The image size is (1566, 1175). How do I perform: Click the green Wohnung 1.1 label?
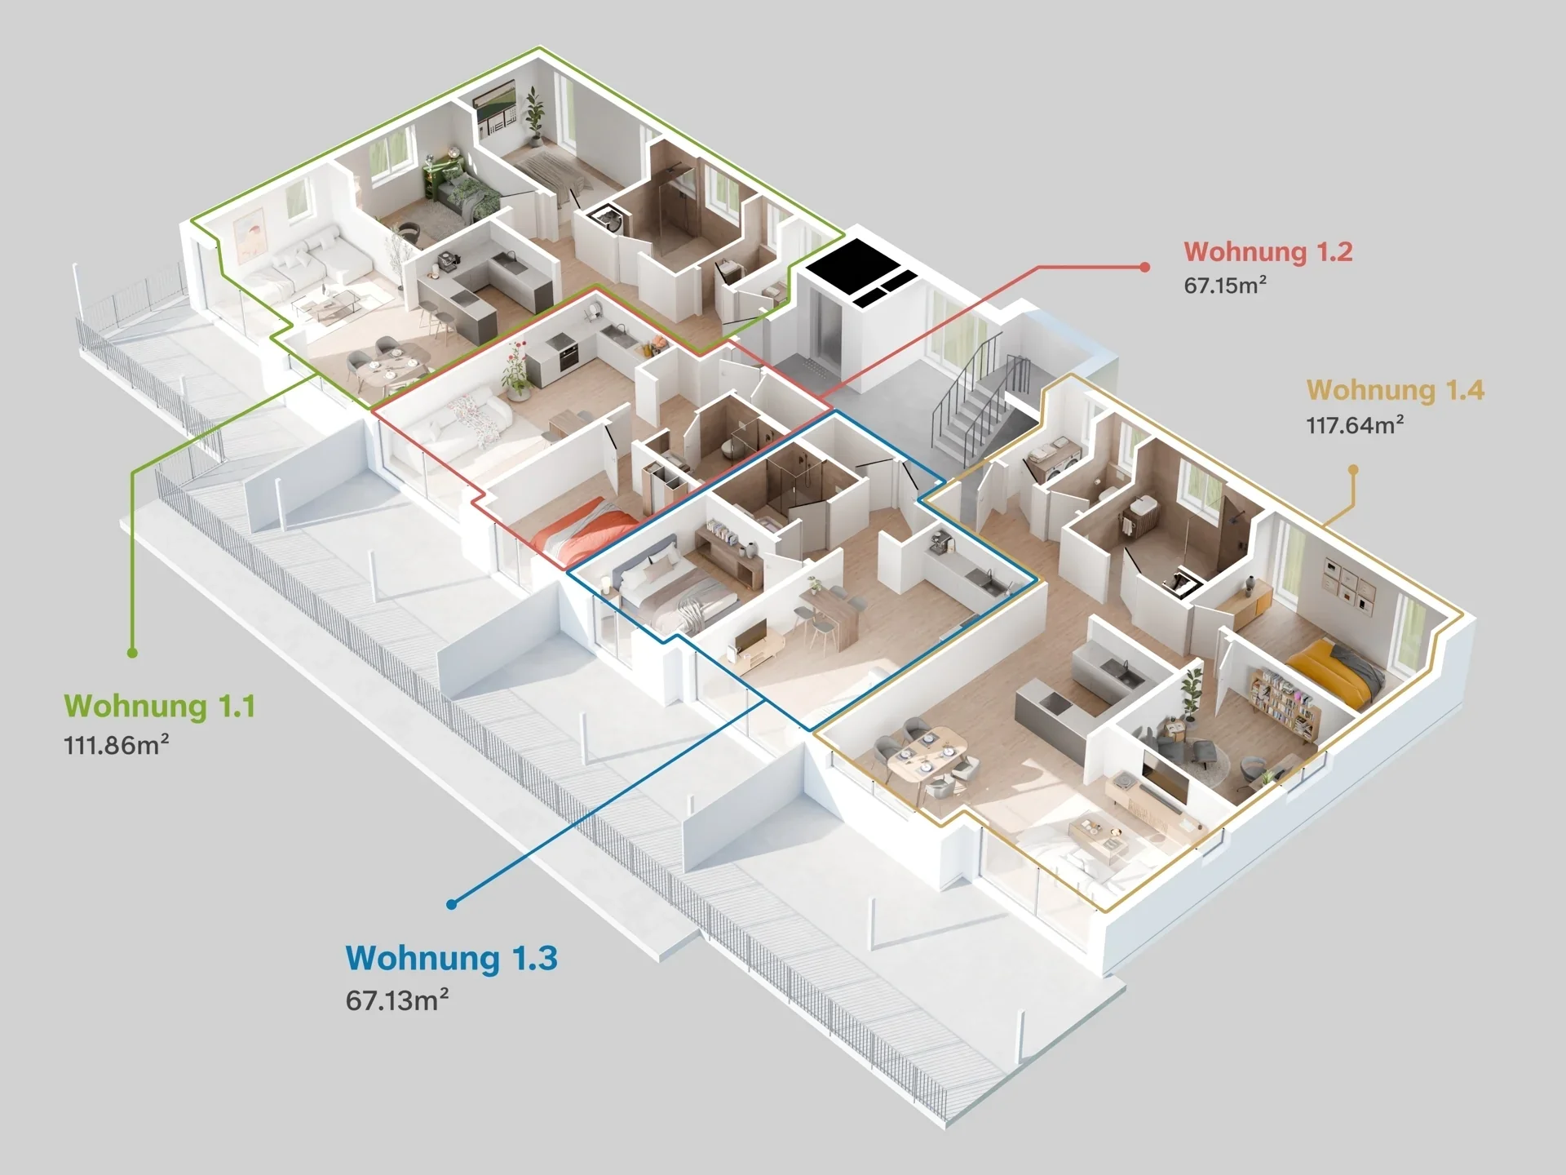click(x=160, y=707)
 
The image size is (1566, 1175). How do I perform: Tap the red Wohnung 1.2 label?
click(x=1268, y=252)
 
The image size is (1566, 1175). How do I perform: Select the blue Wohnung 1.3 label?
click(x=452, y=958)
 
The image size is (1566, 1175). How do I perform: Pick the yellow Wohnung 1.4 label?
click(x=1396, y=391)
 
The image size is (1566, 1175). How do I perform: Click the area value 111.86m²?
click(x=117, y=745)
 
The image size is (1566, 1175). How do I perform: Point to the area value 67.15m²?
click(x=1225, y=285)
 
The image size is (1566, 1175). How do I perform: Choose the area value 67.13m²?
click(x=397, y=1000)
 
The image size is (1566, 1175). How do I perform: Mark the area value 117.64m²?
click(x=1355, y=424)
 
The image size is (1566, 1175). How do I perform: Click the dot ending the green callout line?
click(x=132, y=653)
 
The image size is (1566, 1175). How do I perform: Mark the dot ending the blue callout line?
click(x=451, y=904)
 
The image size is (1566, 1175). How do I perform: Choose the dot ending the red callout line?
click(x=1145, y=267)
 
